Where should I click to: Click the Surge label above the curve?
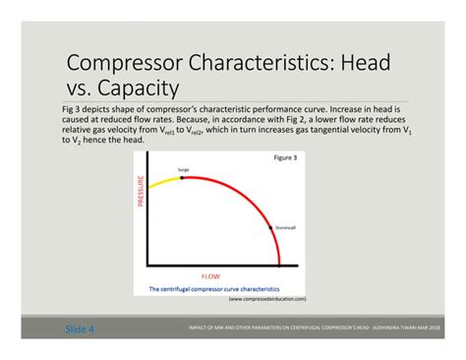tap(183, 170)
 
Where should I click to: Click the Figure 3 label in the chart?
tap(287, 158)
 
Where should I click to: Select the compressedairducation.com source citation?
tap(267, 298)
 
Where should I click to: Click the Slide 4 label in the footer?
tap(80, 329)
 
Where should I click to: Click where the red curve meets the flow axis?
tap(281, 265)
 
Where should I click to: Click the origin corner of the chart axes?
tap(148, 266)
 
